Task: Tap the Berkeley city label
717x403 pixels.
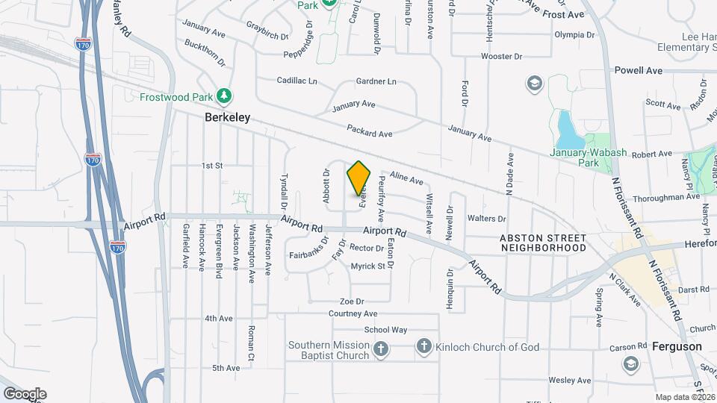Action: point(228,118)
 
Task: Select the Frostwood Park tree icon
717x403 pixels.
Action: point(223,96)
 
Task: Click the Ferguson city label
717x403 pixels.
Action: point(677,347)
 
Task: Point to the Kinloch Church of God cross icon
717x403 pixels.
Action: point(423,346)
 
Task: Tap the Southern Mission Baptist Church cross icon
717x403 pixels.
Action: point(381,349)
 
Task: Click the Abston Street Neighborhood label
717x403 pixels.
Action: point(543,243)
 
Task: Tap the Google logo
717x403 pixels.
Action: point(25,393)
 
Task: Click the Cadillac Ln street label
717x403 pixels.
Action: point(297,81)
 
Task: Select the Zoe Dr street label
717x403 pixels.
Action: point(351,302)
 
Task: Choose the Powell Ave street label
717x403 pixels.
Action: point(639,71)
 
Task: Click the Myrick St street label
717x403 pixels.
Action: point(367,266)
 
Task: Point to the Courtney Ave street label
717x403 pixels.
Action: point(353,314)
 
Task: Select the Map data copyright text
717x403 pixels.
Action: point(685,396)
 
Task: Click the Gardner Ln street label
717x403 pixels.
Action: point(376,81)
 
